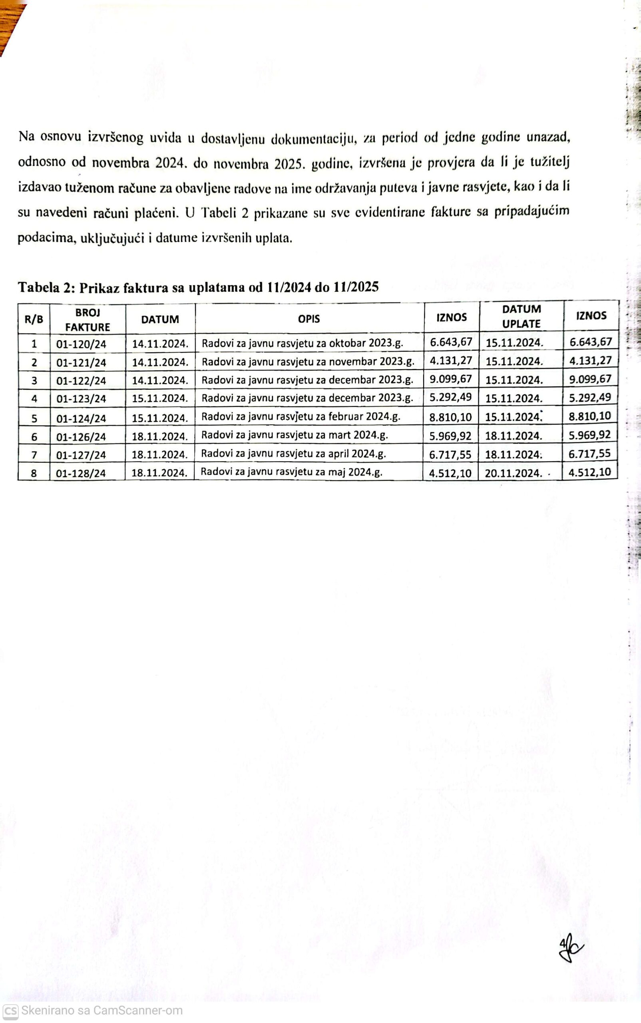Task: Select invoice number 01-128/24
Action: (x=81, y=473)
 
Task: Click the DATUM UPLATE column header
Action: (x=521, y=316)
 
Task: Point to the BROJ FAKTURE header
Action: (x=88, y=320)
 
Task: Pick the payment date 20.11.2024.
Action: (x=514, y=473)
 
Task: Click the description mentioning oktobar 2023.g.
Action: (x=302, y=343)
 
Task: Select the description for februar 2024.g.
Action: (x=301, y=416)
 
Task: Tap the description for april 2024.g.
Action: (x=293, y=454)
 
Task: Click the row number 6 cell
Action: (x=34, y=437)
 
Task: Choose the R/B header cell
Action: (x=34, y=319)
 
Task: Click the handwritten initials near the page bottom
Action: (x=570, y=948)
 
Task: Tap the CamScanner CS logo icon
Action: (x=10, y=1011)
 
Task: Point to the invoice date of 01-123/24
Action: (x=160, y=398)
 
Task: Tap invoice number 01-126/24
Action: (x=81, y=437)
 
